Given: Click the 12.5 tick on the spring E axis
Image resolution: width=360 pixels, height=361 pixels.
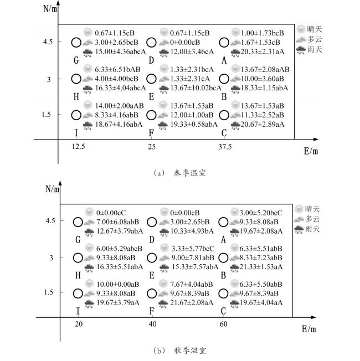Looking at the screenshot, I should point(78,147).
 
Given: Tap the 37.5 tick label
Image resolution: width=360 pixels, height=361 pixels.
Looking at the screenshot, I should point(223,147).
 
